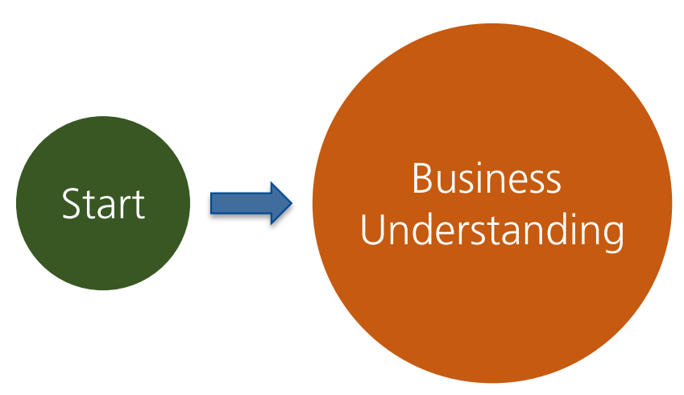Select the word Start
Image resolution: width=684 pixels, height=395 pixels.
(104, 204)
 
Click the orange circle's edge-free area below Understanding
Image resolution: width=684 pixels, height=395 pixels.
(492, 314)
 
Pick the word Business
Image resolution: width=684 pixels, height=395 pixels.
(486, 179)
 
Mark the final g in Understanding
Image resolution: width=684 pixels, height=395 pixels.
(613, 235)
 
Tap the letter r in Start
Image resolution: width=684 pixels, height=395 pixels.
(122, 207)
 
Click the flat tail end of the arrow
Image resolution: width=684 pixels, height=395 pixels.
(213, 203)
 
